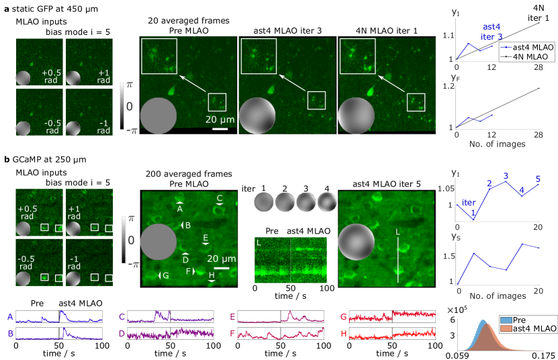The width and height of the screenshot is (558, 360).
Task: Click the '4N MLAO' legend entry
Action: click(x=530, y=58)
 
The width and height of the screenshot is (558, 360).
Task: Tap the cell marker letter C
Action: click(x=220, y=198)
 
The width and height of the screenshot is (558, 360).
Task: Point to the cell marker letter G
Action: click(x=165, y=275)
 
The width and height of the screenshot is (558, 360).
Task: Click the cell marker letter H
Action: click(x=212, y=274)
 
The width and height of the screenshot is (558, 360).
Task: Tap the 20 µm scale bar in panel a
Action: click(x=221, y=129)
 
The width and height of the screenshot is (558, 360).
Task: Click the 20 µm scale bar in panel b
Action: click(x=222, y=268)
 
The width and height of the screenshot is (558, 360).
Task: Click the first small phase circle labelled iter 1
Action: click(x=264, y=201)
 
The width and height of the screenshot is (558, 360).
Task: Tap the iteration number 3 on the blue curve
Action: click(x=506, y=175)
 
